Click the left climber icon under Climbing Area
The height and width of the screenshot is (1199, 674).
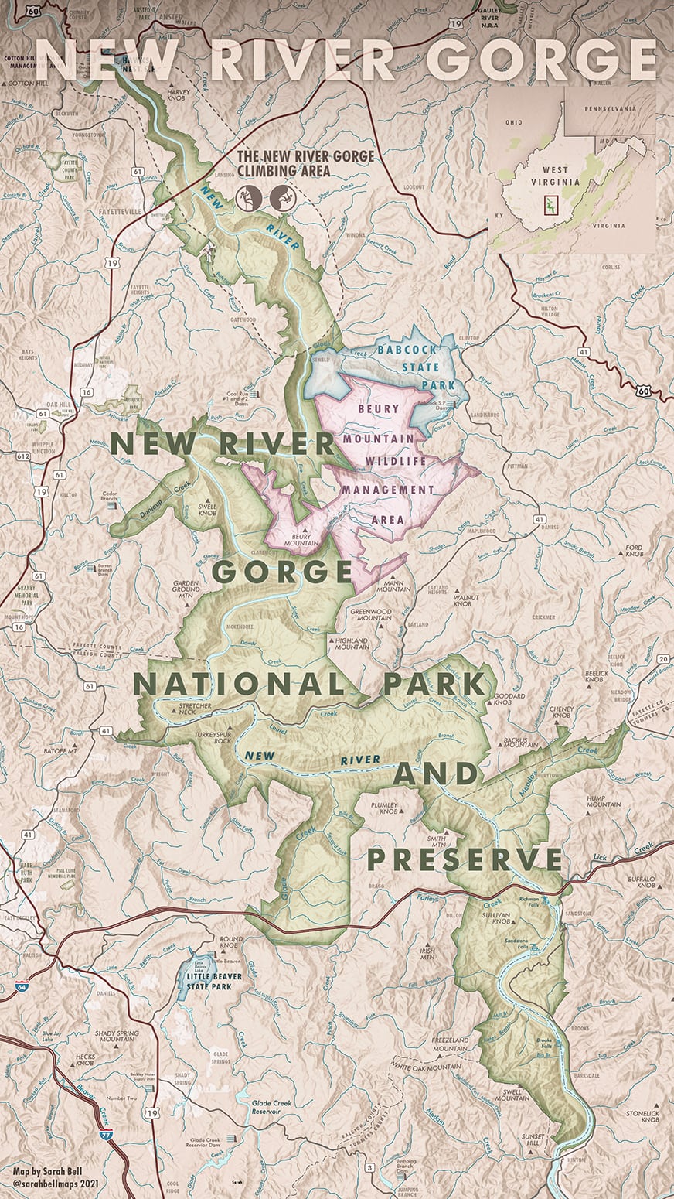click(248, 199)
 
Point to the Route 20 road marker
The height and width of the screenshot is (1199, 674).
click(663, 658)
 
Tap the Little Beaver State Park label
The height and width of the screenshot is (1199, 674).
click(213, 982)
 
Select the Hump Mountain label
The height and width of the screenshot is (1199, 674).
click(603, 800)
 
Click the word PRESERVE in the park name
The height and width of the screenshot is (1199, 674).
click(464, 859)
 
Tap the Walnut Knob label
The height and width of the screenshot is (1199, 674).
click(466, 599)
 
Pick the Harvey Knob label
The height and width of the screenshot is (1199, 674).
click(178, 94)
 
